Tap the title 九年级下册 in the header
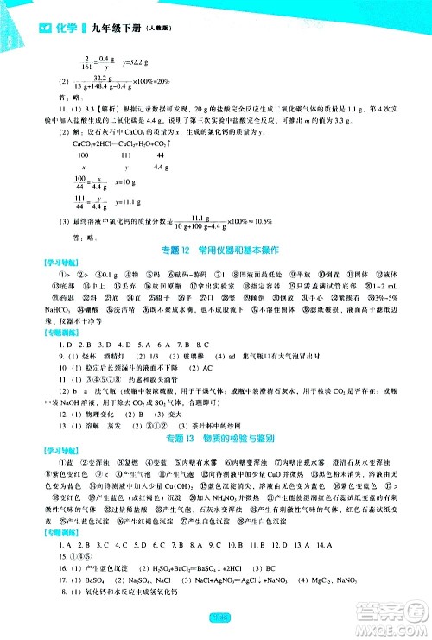(83, 10)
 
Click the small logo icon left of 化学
(18, 10)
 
